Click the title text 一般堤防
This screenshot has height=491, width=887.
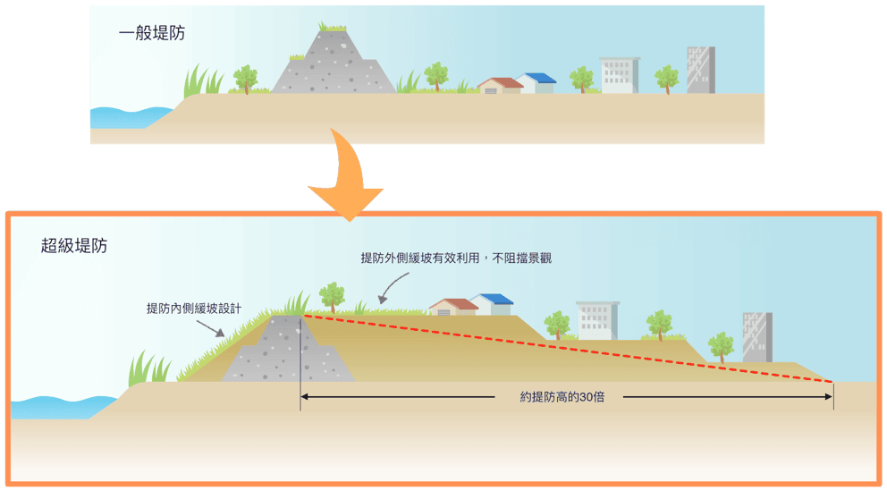pyautogui.click(x=152, y=33)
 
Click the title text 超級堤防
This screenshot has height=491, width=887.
pyautogui.click(x=74, y=245)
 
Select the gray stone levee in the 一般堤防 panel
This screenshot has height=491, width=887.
pyautogui.click(x=334, y=62)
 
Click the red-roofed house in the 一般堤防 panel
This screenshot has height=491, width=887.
pyautogui.click(x=500, y=86)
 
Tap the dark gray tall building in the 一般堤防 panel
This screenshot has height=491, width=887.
pyautogui.click(x=701, y=70)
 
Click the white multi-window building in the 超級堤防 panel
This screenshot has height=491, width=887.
pyautogui.click(x=597, y=321)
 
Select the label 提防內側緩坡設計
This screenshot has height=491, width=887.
pyautogui.click(x=194, y=309)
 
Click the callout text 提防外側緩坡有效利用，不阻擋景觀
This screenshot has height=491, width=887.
pyautogui.click(x=456, y=258)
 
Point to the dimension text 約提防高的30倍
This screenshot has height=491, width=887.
pyautogui.click(x=562, y=397)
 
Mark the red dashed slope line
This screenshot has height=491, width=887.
pyautogui.click(x=568, y=349)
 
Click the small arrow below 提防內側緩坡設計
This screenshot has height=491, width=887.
pyautogui.click(x=210, y=328)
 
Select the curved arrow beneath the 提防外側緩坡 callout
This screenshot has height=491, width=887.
pyautogui.click(x=393, y=287)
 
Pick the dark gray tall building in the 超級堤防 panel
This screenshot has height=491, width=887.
pyautogui.click(x=757, y=337)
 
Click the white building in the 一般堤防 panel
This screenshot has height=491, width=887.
pyautogui.click(x=620, y=75)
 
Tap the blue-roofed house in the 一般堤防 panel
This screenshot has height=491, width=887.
pyautogui.click(x=536, y=83)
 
